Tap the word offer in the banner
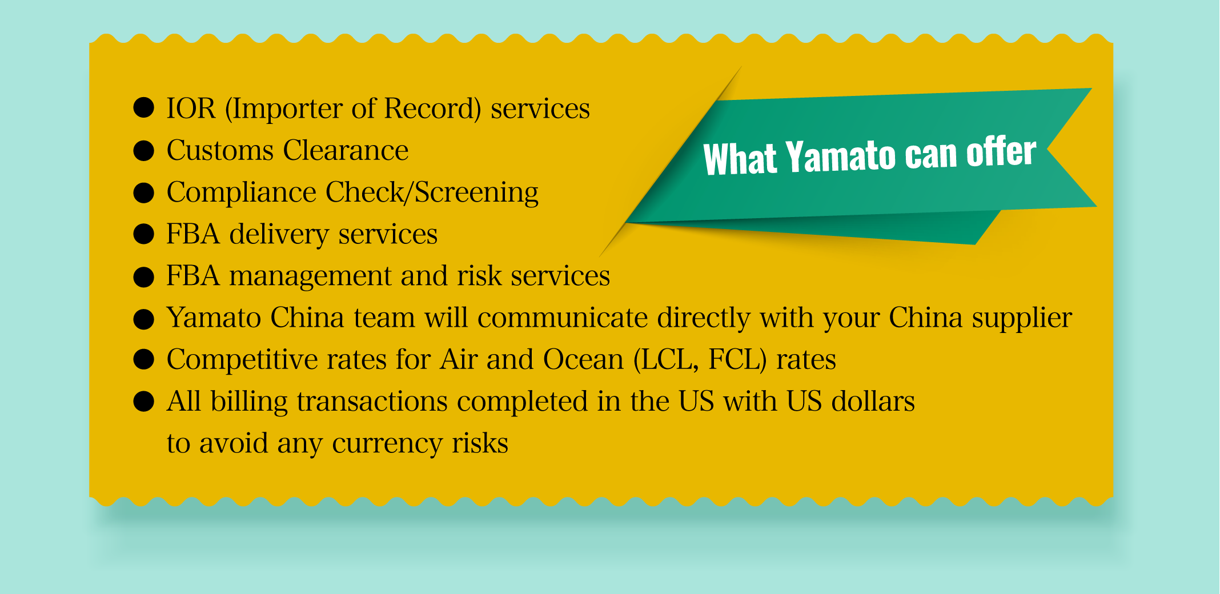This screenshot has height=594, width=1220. (x=1001, y=152)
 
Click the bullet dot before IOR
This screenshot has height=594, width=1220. (x=143, y=107)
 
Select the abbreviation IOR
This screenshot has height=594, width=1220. (x=191, y=108)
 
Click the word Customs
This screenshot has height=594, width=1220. (x=220, y=150)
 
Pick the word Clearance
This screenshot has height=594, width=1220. (x=346, y=150)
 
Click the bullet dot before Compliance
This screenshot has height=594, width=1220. (x=143, y=192)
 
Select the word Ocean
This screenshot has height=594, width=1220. (x=583, y=360)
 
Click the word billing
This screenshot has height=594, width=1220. (x=249, y=401)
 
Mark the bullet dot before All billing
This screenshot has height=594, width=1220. (x=143, y=401)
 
